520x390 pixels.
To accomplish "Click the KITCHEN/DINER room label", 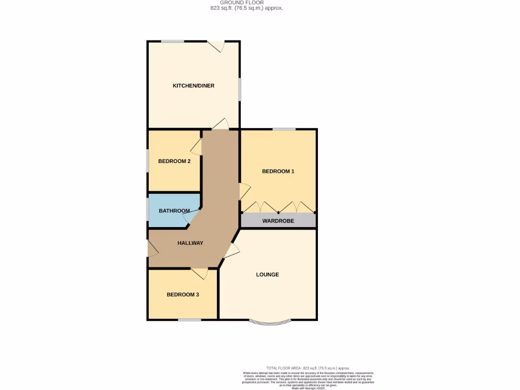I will (193, 86).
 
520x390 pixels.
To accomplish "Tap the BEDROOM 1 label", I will (278, 172).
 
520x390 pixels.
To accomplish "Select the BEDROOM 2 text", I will (174, 161).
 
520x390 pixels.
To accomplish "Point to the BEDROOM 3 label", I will (183, 295).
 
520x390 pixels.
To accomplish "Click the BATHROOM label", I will (174, 211).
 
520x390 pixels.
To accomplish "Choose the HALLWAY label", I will (190, 243).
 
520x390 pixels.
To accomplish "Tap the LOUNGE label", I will (267, 275).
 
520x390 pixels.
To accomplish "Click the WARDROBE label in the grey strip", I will (278, 221).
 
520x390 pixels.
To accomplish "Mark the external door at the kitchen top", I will (217, 46).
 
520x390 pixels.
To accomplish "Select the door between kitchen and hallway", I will (221, 124).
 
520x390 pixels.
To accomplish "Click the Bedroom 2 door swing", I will (197, 148).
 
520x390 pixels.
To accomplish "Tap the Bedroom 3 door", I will (200, 273).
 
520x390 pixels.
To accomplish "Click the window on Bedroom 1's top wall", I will (284, 129).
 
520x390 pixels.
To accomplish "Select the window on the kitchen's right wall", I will (240, 90).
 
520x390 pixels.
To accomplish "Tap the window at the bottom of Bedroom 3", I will (189, 320).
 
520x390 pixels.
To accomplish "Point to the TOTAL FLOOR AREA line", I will (308, 368).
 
